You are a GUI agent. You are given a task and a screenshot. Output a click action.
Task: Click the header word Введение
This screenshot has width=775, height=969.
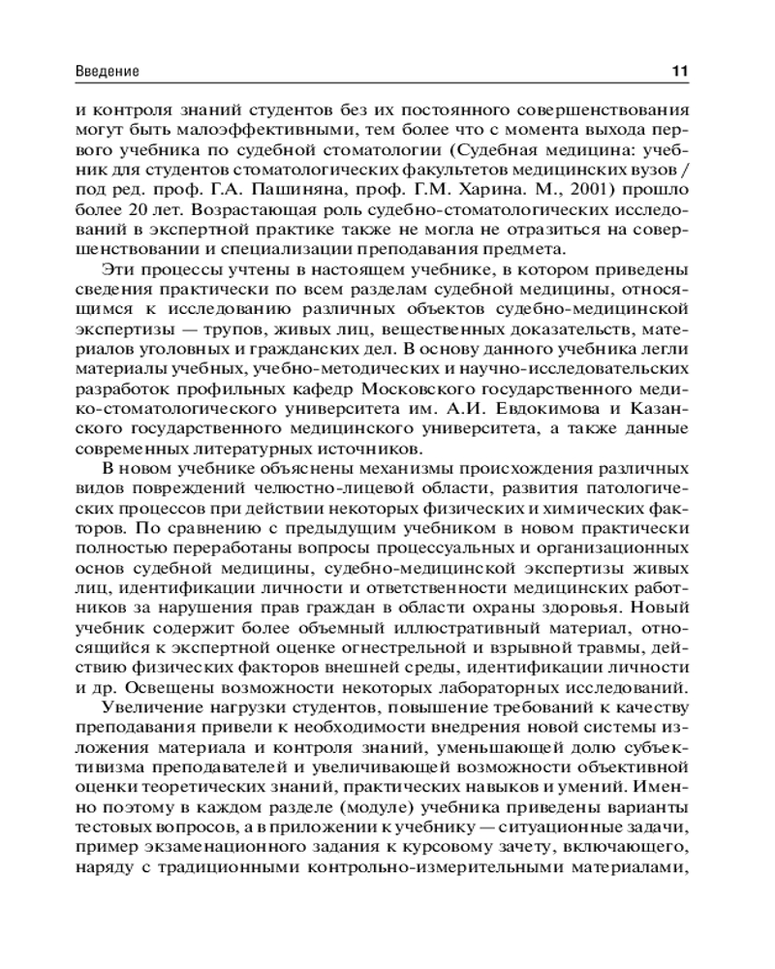point(107,72)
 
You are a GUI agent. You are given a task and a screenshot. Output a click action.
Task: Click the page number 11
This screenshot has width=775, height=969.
point(679,72)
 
